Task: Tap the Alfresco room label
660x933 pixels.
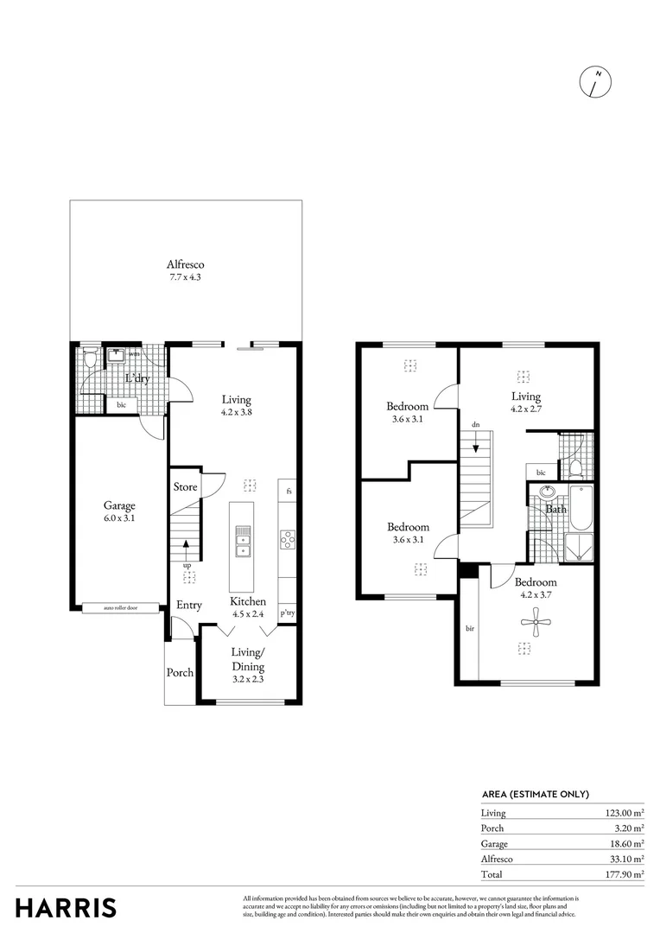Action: (x=186, y=264)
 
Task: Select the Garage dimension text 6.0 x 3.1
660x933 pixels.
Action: (x=119, y=520)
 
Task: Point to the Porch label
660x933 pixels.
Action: (x=180, y=673)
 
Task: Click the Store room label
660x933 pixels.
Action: (x=185, y=487)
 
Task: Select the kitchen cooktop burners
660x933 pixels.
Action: (x=288, y=539)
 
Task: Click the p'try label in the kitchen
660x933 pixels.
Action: (x=288, y=613)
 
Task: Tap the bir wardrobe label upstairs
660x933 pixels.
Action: (x=469, y=629)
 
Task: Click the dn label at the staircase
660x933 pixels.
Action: (x=475, y=425)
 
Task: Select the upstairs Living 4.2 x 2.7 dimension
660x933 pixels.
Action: (x=525, y=409)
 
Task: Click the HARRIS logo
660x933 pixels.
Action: (x=66, y=908)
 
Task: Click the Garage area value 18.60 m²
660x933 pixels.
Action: (x=625, y=843)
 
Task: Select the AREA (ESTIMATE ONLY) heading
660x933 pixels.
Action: (x=535, y=794)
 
